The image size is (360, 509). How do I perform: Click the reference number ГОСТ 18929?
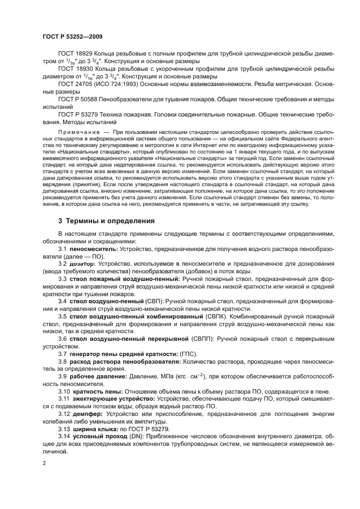[x=76, y=54]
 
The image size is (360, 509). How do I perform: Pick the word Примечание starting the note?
[x=78, y=132]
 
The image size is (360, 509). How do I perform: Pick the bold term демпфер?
[x=83, y=414]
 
